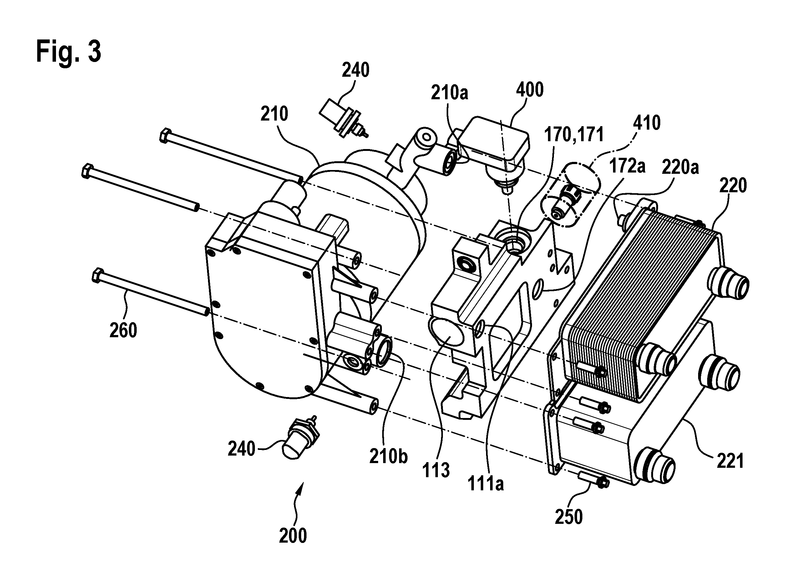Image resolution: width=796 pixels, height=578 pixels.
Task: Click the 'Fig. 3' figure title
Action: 69,52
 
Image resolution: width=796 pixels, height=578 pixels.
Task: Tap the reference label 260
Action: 123,330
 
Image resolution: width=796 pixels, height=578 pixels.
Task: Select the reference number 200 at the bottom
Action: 293,535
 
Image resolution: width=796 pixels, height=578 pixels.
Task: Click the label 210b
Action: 388,457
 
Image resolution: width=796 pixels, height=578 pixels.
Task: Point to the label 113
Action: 436,471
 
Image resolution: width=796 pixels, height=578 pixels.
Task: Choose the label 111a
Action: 486,484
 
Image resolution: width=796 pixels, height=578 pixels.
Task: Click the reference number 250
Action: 569,517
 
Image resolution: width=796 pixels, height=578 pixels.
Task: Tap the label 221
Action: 730,461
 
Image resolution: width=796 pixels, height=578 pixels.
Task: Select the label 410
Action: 647,123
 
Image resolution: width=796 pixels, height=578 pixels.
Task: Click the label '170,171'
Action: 574,135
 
